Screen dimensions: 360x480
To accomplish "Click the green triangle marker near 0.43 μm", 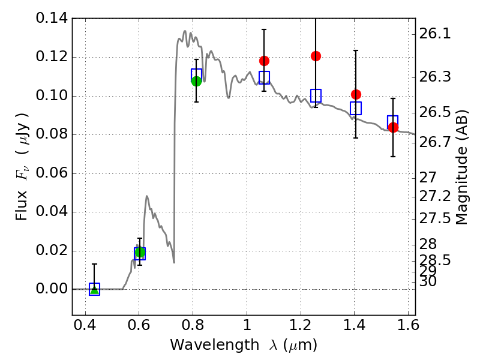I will click(x=94, y=289).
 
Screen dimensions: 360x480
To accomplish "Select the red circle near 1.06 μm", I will click(x=264, y=61).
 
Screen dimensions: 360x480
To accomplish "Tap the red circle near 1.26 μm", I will click(x=316, y=56).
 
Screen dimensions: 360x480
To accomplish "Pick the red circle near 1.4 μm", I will click(x=356, y=94).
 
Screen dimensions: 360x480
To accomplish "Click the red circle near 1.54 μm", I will click(x=393, y=127).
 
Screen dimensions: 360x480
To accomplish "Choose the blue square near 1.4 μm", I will click(x=356, y=109).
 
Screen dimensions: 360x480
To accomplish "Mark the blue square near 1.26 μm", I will click(x=316, y=95).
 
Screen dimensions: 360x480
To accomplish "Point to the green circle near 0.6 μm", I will click(x=140, y=252).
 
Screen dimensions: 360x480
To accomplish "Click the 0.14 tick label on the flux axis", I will click(x=52, y=19).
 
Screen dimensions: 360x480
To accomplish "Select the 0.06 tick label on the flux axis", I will click(x=52, y=173).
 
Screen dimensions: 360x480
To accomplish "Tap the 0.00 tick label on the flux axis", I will click(x=52, y=289).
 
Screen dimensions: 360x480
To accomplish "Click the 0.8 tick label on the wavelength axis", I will click(x=193, y=327).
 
